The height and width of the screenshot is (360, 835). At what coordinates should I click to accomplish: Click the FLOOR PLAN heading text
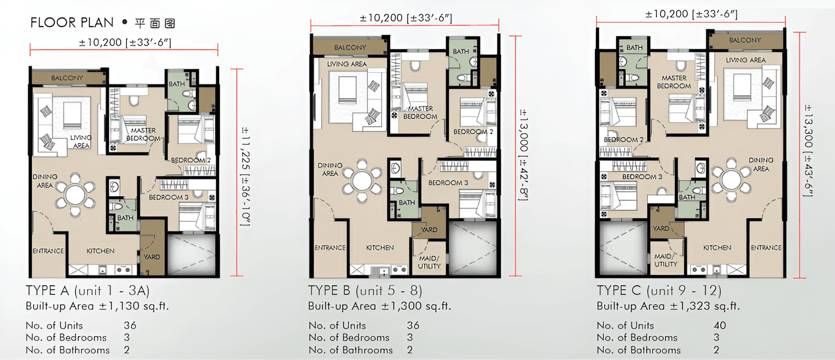[x=72, y=23]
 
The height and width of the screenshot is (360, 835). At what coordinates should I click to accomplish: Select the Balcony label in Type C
[x=745, y=40]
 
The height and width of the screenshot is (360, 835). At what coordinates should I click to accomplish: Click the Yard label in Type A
[x=152, y=257]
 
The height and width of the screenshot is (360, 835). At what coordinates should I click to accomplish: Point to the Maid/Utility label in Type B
[x=429, y=262]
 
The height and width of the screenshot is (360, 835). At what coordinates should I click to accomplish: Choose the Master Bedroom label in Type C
[x=674, y=82]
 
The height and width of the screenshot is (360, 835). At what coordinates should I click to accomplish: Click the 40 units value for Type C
[x=720, y=326]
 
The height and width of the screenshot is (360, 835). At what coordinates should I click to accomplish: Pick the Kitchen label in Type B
[x=380, y=247]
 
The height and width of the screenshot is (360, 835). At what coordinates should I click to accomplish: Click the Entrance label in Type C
[x=766, y=247]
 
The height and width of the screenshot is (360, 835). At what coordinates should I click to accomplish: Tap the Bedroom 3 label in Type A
[x=169, y=197]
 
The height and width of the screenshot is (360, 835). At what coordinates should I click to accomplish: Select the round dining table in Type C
[x=731, y=179]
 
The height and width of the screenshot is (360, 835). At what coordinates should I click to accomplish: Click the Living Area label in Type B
[x=347, y=64]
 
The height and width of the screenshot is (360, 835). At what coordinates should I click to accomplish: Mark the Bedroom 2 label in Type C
[x=624, y=140]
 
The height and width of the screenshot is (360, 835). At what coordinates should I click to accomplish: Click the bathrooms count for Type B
[x=410, y=350]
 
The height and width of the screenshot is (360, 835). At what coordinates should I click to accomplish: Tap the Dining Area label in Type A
[x=45, y=181]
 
